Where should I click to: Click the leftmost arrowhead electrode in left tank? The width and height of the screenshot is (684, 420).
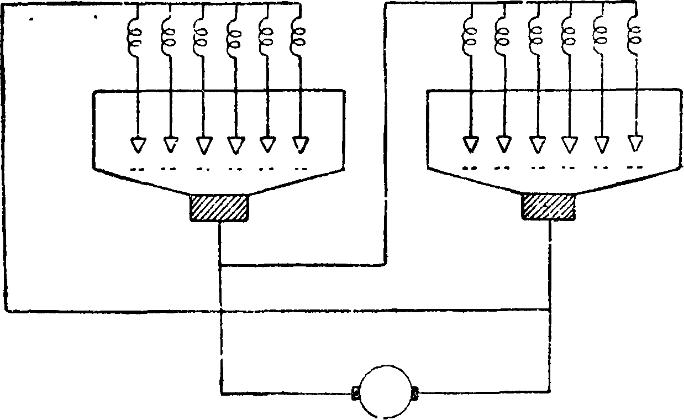point(136,144)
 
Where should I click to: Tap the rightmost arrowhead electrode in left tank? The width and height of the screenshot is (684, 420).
point(299,144)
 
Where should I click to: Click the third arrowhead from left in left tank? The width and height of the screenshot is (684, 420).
point(203,145)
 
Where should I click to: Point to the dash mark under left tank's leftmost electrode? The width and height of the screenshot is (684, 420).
point(136,167)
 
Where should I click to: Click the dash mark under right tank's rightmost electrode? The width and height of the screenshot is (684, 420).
point(636,166)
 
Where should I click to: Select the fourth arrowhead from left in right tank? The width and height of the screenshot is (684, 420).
point(569,144)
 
